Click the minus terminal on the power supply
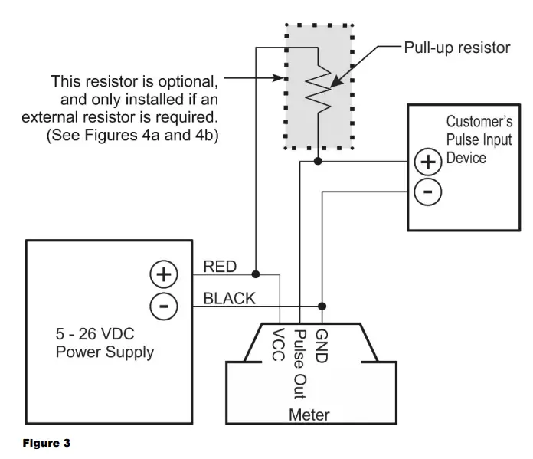coord(164,306)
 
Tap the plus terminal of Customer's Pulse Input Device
coord(427,162)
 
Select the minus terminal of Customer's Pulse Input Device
coord(427,192)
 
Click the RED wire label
coord(220,267)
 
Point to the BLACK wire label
coord(229,298)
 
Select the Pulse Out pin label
coord(300,360)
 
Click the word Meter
coord(310,415)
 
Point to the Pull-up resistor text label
coord(456,48)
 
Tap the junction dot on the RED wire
coord(256,274)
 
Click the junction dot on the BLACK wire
coord(322,305)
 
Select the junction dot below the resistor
coord(317,162)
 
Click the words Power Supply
coord(105,353)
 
